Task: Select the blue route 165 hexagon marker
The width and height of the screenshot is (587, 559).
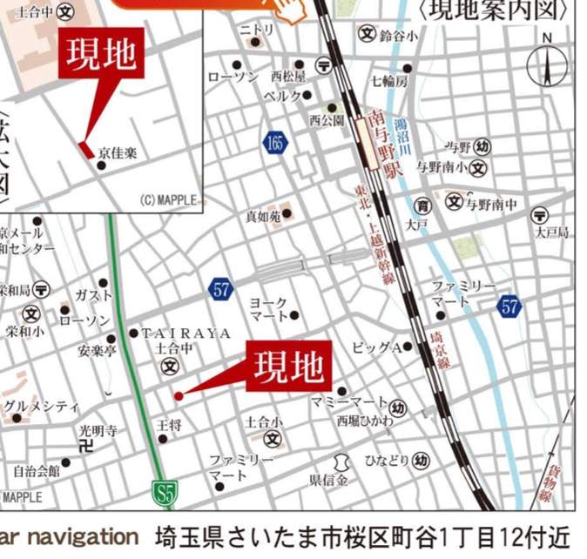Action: tap(275, 142)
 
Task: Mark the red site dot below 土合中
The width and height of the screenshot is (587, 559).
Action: tap(178, 396)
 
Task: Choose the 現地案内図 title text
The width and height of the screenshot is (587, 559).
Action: tap(497, 10)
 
